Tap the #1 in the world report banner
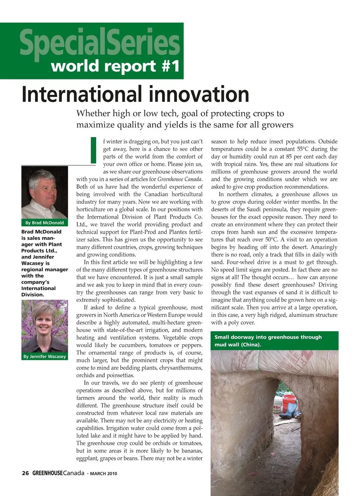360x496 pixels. pos(171,66)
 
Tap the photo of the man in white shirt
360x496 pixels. pos(45,193)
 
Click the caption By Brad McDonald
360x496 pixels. pos(45,223)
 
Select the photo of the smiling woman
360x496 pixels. pos(45,326)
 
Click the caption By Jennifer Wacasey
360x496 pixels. pos(45,356)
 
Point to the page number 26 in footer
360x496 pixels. pos(25,473)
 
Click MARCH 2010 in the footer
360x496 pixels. pos(103,474)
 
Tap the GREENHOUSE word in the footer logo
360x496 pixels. pos(47,473)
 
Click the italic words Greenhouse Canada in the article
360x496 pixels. pos(180,179)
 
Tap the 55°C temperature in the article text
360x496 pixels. pos(303,149)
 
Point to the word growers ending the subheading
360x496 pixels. pos(278,125)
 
